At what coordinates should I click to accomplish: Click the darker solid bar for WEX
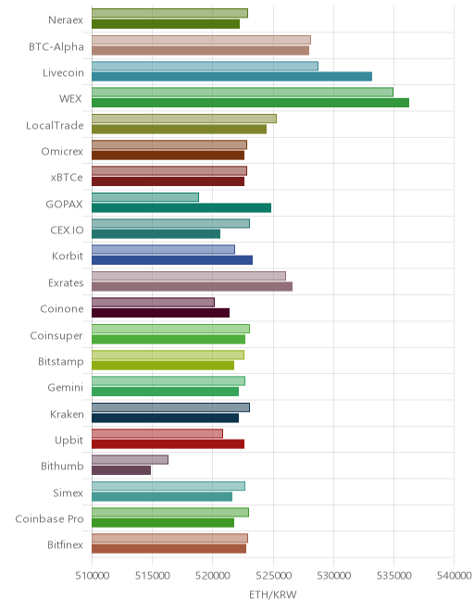pyautogui.click(x=250, y=103)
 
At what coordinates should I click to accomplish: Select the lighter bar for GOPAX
pyautogui.click(x=145, y=197)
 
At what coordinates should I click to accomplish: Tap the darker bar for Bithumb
pyautogui.click(x=121, y=470)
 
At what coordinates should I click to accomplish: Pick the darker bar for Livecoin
pyautogui.click(x=232, y=76)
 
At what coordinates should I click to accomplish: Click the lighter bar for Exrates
pyautogui.click(x=189, y=276)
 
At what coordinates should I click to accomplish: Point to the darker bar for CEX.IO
pyautogui.click(x=156, y=234)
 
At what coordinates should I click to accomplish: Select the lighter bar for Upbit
pyautogui.click(x=157, y=433)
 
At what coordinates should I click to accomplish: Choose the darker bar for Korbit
pyautogui.click(x=172, y=260)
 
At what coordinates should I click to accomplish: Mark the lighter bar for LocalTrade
pyautogui.click(x=184, y=118)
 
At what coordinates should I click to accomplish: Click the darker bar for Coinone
pyautogui.click(x=160, y=313)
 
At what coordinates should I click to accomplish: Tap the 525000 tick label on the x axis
pyautogui.click(x=273, y=576)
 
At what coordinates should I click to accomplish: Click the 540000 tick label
pyautogui.click(x=455, y=576)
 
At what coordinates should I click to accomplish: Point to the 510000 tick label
pyautogui.click(x=92, y=576)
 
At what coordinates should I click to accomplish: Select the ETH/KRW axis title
pyautogui.click(x=273, y=595)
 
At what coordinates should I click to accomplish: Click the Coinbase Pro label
pyautogui.click(x=49, y=519)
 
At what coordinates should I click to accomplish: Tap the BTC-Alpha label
pyautogui.click(x=56, y=47)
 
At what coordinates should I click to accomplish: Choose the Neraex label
pyautogui.click(x=66, y=19)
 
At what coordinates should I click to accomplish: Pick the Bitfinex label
pyautogui.click(x=66, y=544)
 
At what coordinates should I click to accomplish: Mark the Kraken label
pyautogui.click(x=67, y=414)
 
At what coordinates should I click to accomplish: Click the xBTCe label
pyautogui.click(x=67, y=178)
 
